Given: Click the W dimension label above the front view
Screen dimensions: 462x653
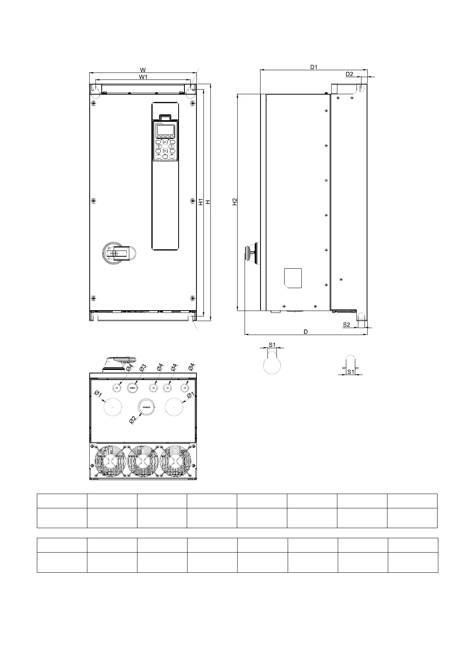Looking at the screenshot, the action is tap(143, 70).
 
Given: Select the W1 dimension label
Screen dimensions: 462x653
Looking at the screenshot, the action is tap(143, 77).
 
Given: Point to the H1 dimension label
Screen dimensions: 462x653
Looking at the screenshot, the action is tap(201, 202).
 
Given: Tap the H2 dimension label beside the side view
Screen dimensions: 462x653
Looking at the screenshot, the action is tap(235, 202).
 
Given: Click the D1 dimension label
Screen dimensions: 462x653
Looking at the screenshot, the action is tap(314, 67).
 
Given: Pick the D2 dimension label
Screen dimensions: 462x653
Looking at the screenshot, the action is tap(349, 74).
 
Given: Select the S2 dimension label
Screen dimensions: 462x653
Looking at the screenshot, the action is tap(346, 325).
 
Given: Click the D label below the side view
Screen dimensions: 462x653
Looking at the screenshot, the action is tap(306, 332).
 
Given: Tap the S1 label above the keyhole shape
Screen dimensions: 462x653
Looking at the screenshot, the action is tap(272, 345).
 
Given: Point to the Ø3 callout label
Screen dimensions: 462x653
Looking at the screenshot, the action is tap(143, 368).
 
